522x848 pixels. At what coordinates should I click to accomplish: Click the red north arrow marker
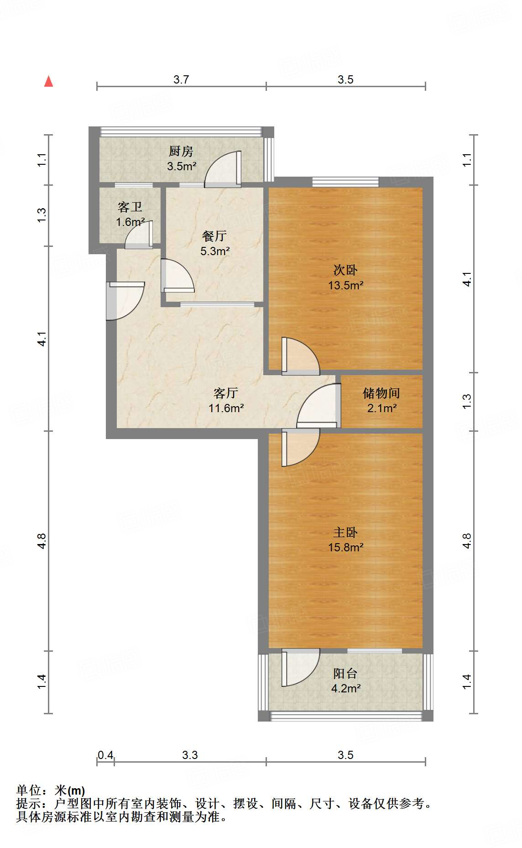[x=48, y=81]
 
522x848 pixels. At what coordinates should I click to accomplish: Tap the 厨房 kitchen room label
[x=181, y=151]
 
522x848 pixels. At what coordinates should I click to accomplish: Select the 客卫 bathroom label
[x=130, y=207]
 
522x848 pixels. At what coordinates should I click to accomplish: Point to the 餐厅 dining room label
[x=214, y=236]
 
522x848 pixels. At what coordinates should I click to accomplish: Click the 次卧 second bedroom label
[x=345, y=270]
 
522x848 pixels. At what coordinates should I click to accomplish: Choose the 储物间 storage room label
[x=381, y=393]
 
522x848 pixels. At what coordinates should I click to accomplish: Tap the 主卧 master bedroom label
[x=345, y=532]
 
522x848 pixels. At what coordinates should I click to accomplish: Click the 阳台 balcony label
[x=345, y=673]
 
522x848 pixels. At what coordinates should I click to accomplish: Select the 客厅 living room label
[x=226, y=393]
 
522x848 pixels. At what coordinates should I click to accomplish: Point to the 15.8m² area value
[x=346, y=547]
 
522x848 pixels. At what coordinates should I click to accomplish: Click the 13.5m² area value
[x=346, y=285]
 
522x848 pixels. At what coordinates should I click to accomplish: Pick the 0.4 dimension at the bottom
[x=105, y=755]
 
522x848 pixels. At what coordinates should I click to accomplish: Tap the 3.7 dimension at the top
[x=181, y=79]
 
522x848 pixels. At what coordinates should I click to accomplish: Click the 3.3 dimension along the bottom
[x=190, y=755]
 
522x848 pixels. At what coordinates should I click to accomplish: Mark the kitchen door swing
[x=223, y=169]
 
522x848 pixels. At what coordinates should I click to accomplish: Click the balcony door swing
[x=301, y=667]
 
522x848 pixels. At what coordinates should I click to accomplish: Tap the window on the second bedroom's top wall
[x=345, y=182]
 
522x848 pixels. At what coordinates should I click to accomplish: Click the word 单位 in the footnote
[x=29, y=790]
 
